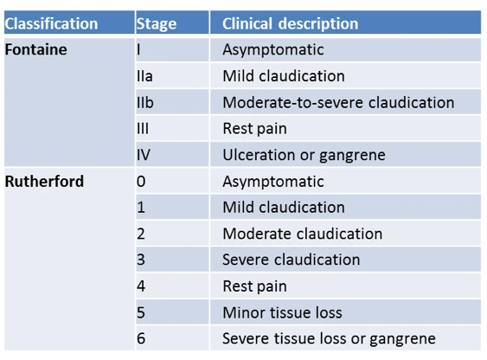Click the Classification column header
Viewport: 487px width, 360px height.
point(51,23)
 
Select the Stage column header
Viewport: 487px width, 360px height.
point(157,24)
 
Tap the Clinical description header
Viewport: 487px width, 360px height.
point(290,23)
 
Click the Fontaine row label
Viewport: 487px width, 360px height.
point(36,49)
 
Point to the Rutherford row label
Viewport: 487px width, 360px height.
point(44,182)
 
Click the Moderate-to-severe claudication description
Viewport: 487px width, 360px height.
point(338,102)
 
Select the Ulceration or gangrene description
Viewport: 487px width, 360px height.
point(304,155)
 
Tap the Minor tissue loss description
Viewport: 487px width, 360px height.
point(282,312)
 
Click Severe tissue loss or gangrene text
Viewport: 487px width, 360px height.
point(330,339)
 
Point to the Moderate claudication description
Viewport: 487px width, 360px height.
point(303,234)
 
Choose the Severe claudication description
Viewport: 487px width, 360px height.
point(292,260)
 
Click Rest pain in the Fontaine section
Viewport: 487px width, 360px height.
point(254,129)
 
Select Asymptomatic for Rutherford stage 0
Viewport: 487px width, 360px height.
point(273,182)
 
